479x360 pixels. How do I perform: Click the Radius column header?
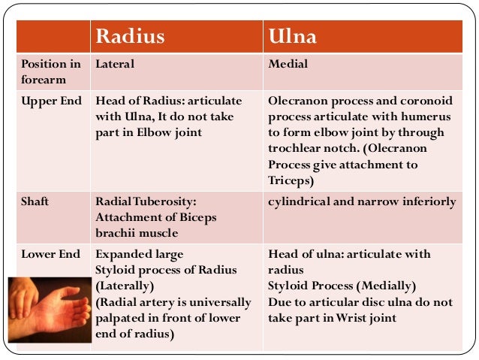[x=129, y=37]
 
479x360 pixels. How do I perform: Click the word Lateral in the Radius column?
[x=115, y=65]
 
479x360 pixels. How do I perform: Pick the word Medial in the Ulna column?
[x=288, y=65]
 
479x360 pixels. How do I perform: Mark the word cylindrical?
[x=299, y=202]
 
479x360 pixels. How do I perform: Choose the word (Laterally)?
[x=125, y=286]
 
